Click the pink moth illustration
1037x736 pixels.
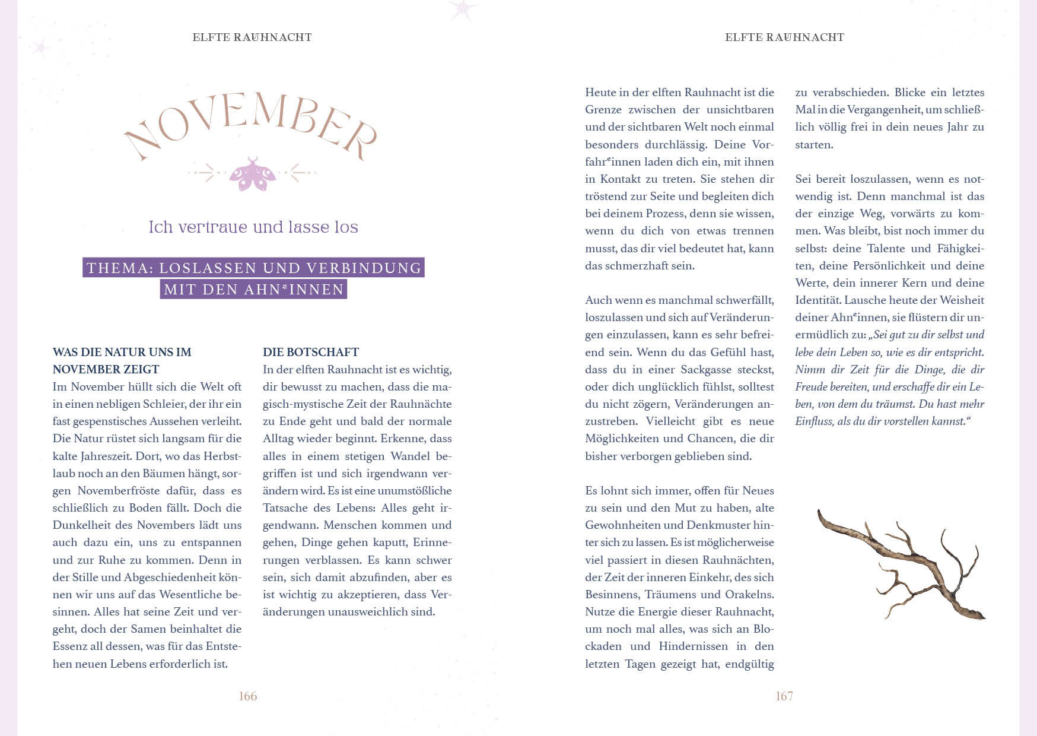253,174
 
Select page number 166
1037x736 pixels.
247,696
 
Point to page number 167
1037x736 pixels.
784,696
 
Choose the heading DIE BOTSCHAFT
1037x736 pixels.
311,352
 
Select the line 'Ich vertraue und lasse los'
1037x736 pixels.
253,227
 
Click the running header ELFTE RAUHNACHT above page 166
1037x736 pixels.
252,37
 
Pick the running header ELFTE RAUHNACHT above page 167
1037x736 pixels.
784,37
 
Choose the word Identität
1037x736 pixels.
817,300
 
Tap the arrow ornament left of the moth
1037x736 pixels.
204,173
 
